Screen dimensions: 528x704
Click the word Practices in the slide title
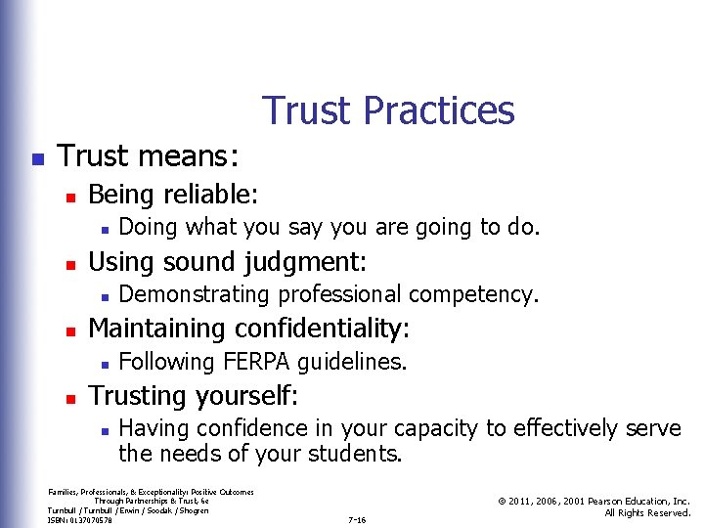tap(438, 110)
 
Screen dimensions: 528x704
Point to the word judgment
tap(314, 261)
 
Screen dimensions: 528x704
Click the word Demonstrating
tap(195, 294)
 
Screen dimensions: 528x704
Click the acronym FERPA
tap(257, 362)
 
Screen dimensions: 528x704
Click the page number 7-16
tap(357, 520)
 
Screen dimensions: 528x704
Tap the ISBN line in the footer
tap(80, 520)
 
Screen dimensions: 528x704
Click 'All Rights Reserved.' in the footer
tap(647, 512)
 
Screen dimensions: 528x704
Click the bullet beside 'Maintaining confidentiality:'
tap(69, 329)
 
